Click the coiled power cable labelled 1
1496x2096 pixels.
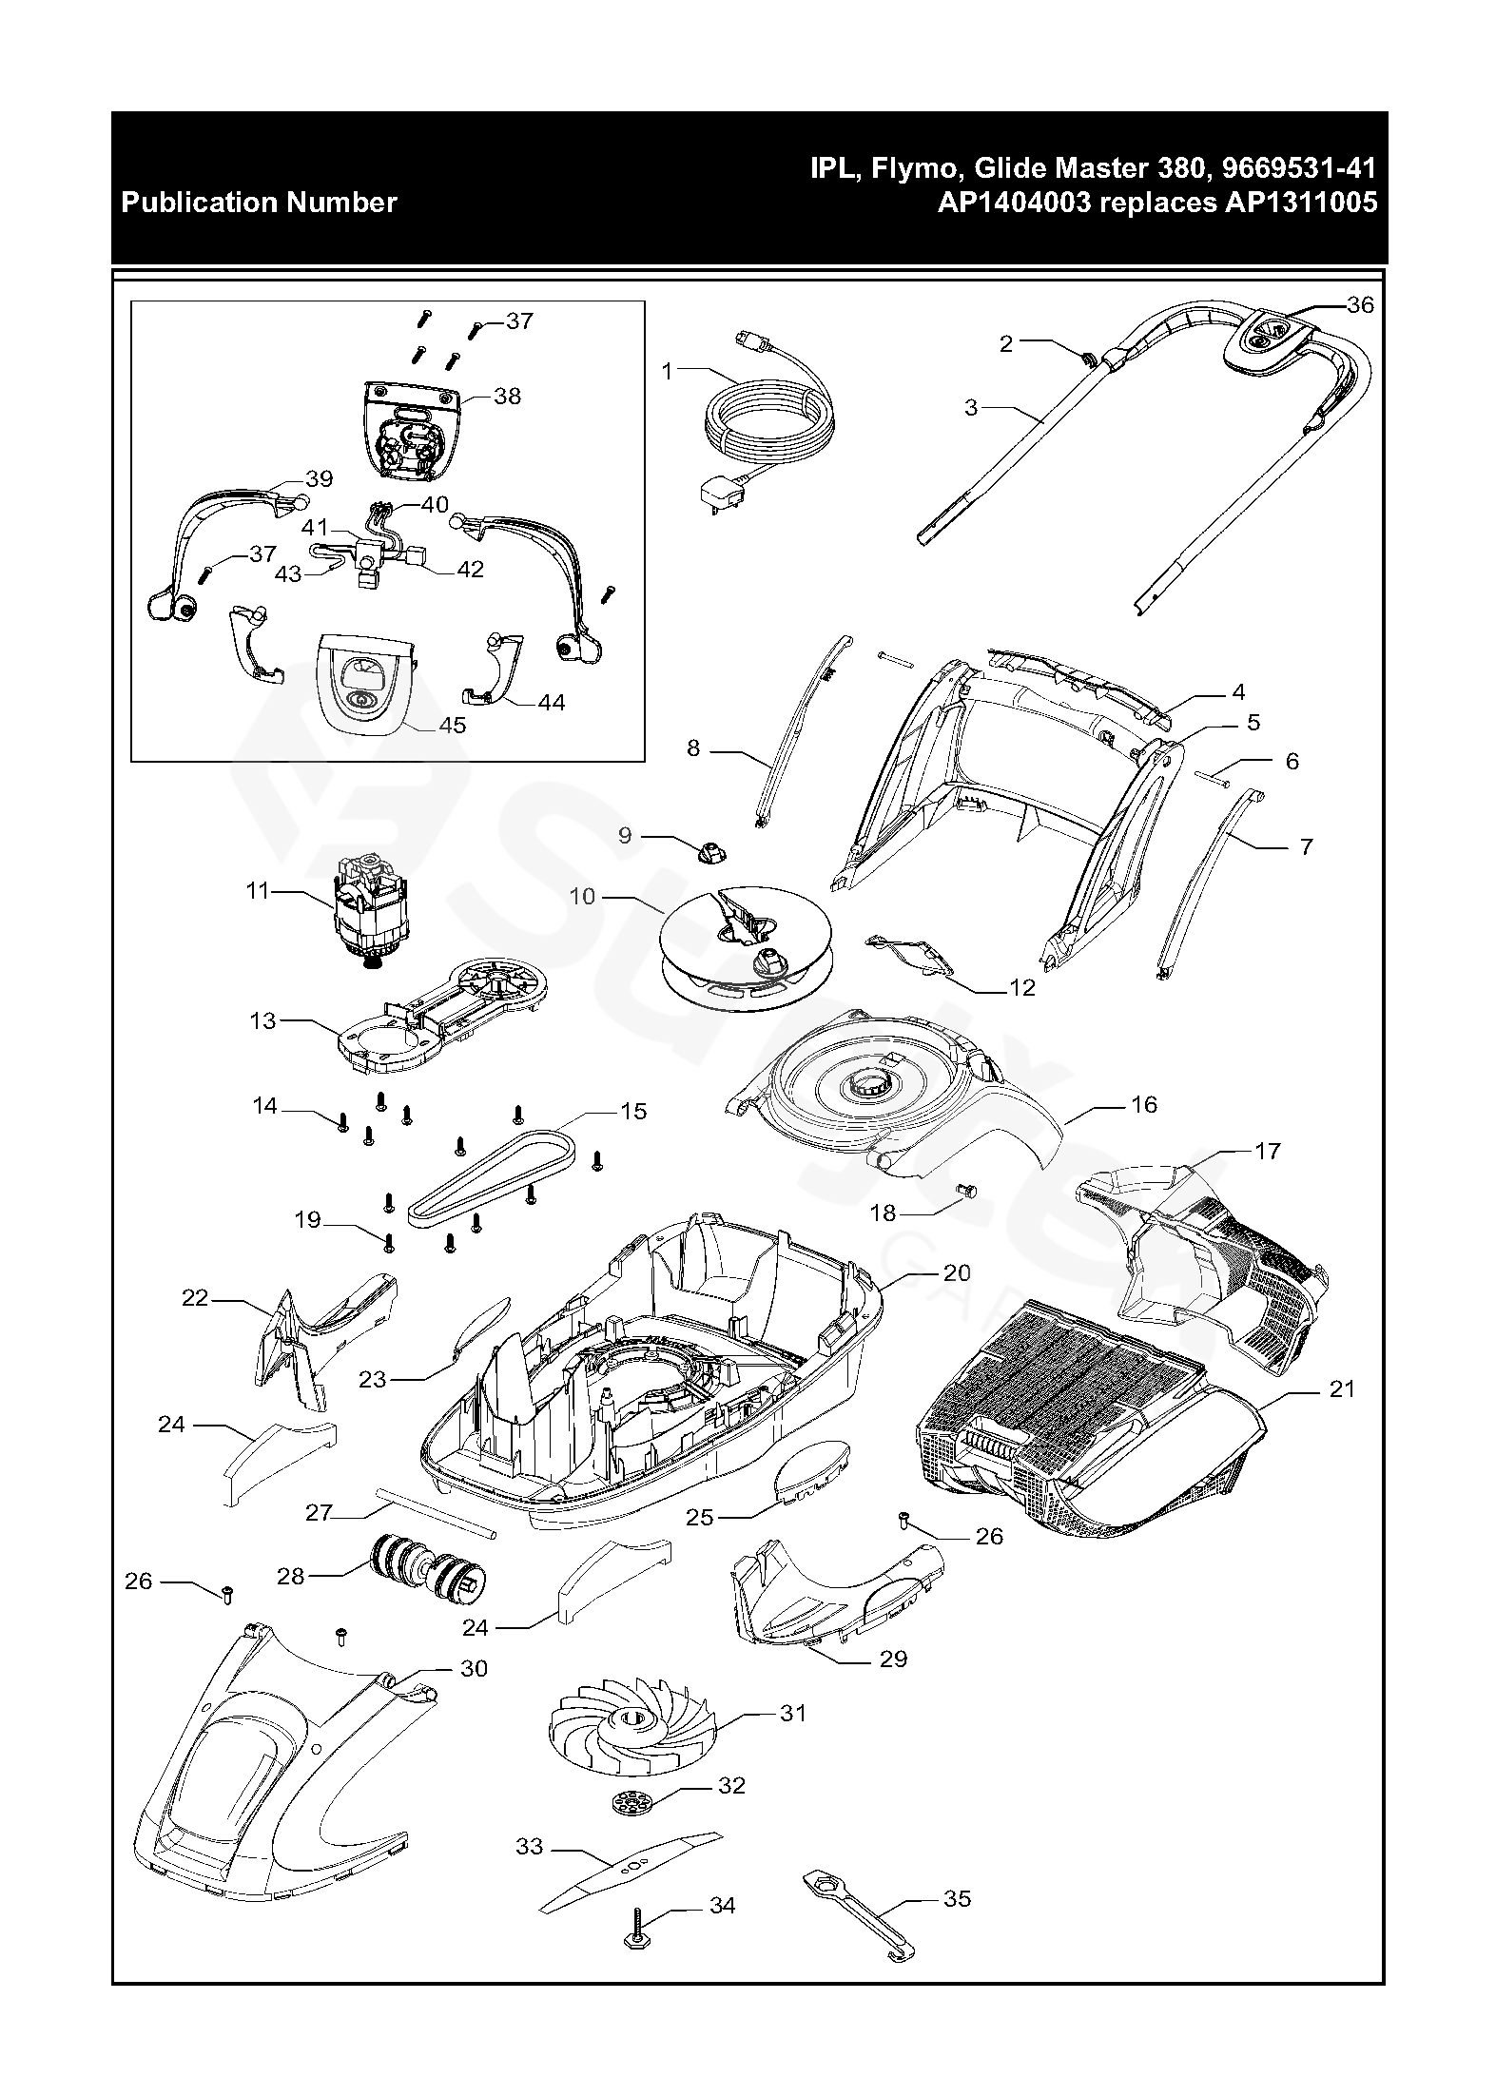coord(770,418)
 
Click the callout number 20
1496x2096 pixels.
coord(957,1272)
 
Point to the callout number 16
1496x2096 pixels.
coord(1144,1104)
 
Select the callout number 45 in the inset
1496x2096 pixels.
coord(453,726)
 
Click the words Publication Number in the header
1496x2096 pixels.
coord(259,203)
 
